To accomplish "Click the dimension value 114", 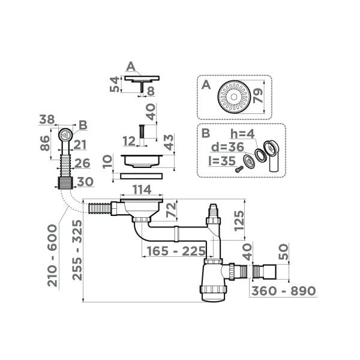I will point(141,190).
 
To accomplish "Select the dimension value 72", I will point(171,211).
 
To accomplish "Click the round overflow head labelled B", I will point(65,134).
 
